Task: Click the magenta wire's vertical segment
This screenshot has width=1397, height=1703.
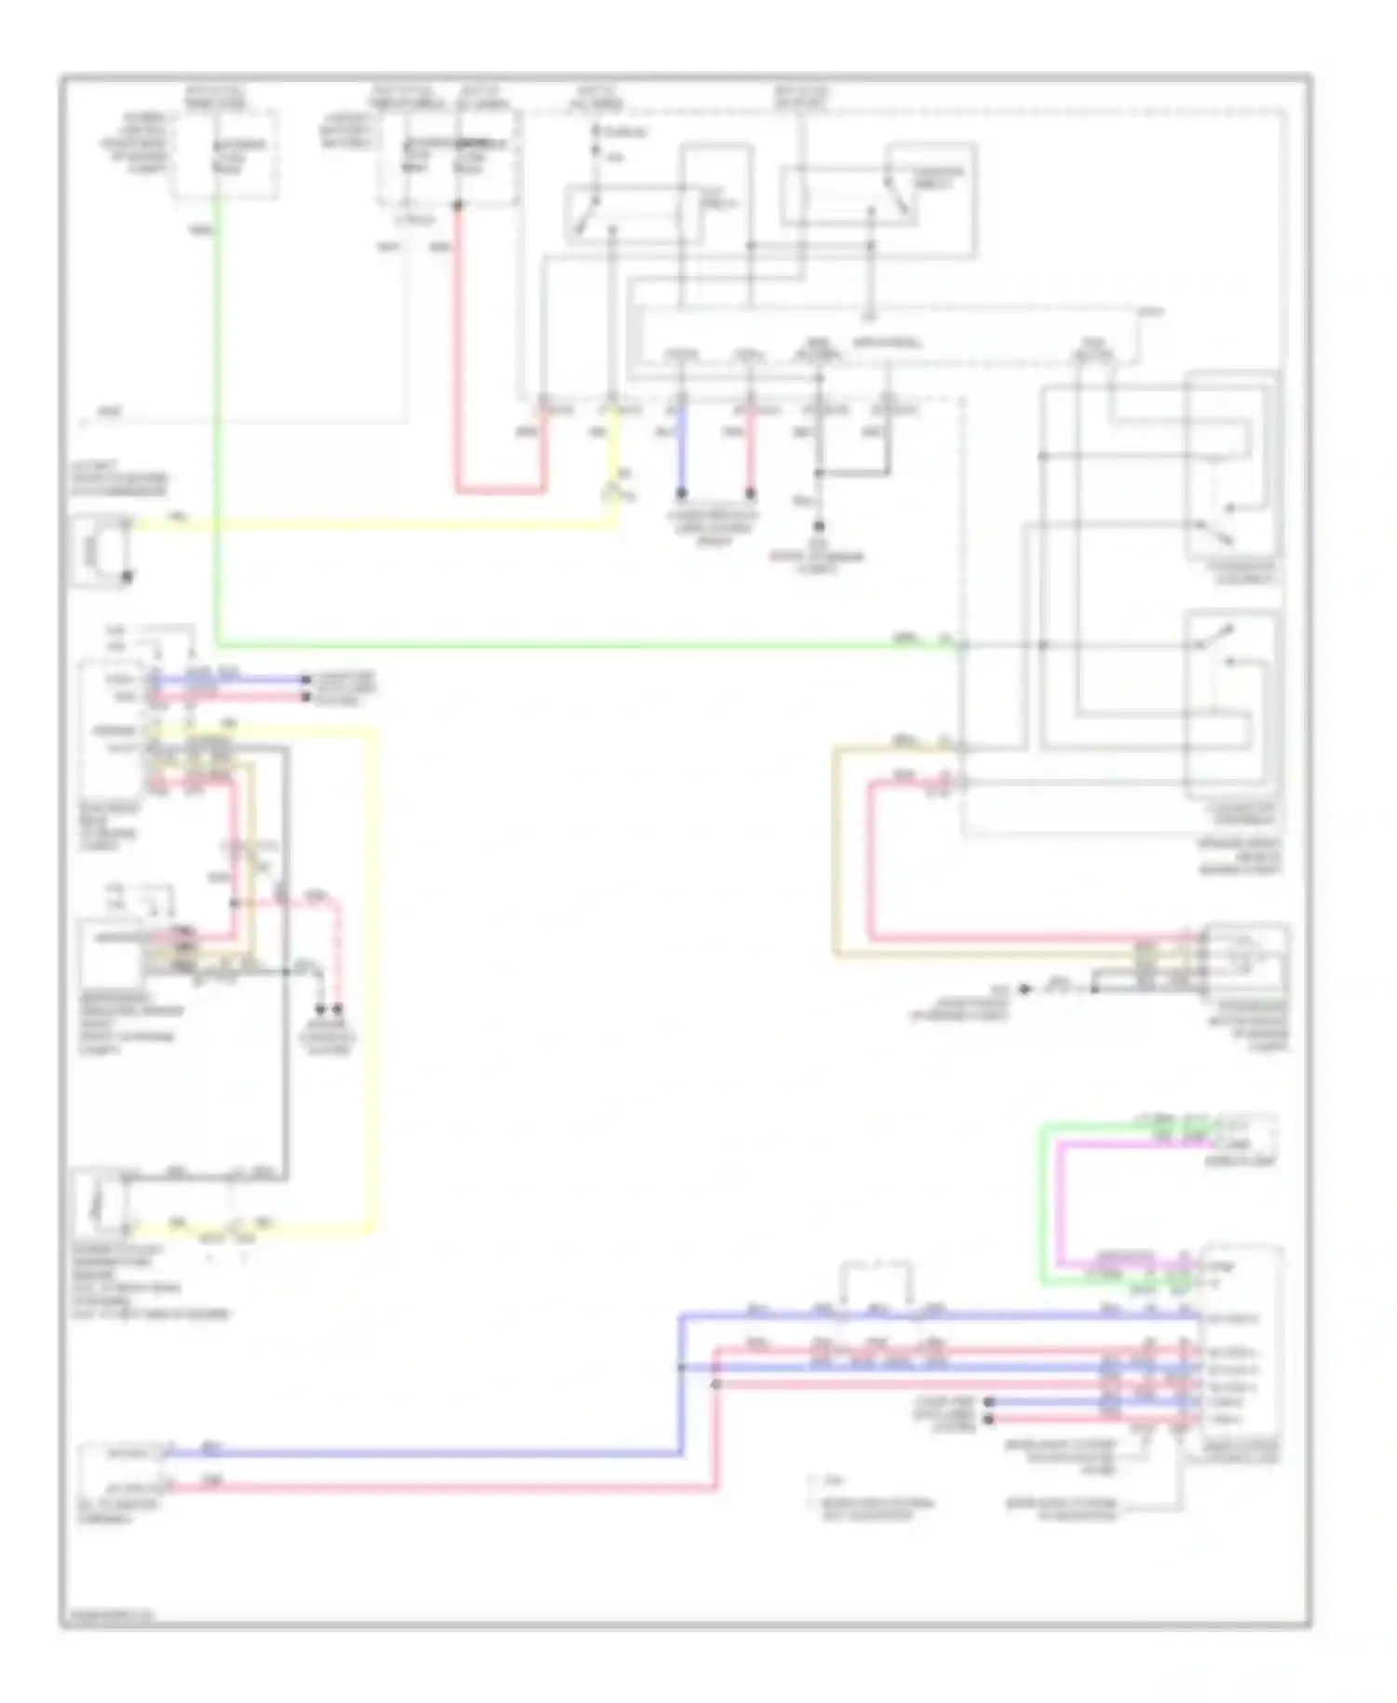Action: tap(1059, 1202)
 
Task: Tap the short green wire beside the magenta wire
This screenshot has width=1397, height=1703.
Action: tap(1041, 1202)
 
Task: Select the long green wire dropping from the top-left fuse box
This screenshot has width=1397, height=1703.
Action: tap(216, 419)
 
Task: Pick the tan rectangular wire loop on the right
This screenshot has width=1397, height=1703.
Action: tap(835, 848)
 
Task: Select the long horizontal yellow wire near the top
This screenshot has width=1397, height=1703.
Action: tap(373, 525)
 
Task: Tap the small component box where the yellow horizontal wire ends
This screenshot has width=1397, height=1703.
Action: tap(102, 551)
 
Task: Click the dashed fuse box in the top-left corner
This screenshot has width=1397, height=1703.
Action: tap(224, 155)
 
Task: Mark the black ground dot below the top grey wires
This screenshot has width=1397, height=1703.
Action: tap(820, 527)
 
